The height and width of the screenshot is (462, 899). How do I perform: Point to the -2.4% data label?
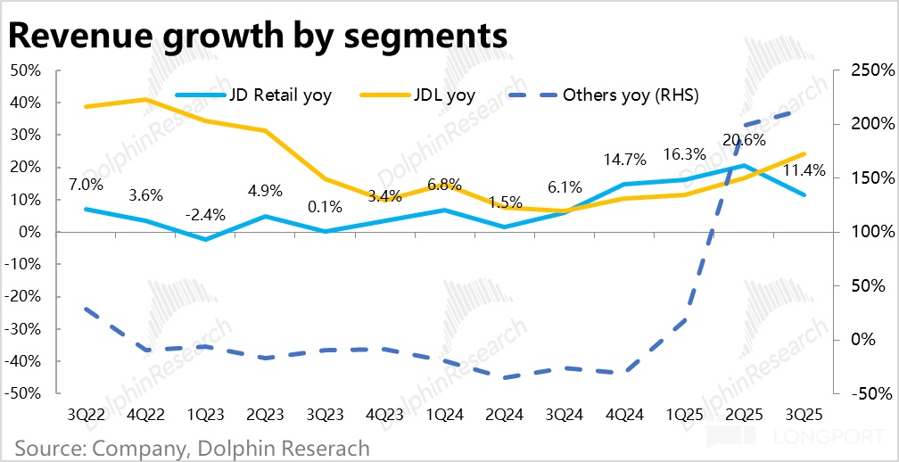pyautogui.click(x=205, y=214)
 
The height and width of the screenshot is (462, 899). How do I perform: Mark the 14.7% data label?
pyautogui.click(x=623, y=161)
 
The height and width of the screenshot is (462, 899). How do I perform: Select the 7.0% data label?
pyautogui.click(x=86, y=186)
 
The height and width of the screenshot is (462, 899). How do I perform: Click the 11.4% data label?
pyautogui.click(x=803, y=171)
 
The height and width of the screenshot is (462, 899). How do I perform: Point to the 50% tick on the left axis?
pyautogui.click(x=27, y=70)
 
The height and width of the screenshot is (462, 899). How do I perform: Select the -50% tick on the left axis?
pyautogui.click(x=24, y=393)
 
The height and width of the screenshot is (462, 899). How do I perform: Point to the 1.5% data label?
pyautogui.click(x=505, y=202)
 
